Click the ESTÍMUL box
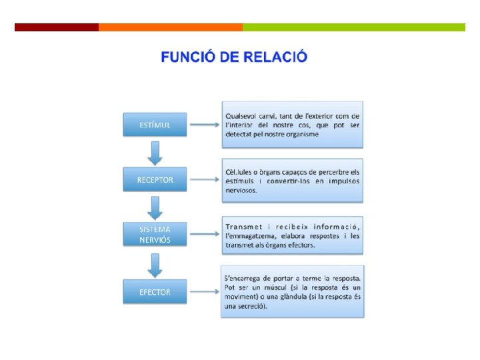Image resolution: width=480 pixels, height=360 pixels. [155, 125]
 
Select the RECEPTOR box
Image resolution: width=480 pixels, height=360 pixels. [155, 180]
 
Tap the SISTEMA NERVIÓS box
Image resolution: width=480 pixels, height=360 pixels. [155, 234]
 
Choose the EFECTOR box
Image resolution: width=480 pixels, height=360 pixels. [155, 292]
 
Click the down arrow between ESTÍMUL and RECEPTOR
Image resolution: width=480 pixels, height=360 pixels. [155, 153]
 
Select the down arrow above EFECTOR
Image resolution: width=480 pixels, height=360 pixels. [155, 264]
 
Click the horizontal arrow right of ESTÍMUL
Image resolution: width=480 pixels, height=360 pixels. [205, 125]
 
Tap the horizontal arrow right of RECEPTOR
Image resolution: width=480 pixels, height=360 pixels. [205, 180]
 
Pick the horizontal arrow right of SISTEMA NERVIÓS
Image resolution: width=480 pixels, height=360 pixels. [205, 234]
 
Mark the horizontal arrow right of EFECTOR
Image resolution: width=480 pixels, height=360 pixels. [205, 292]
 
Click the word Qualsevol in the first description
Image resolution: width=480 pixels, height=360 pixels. [242, 115]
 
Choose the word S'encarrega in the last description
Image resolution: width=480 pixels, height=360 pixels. [245, 278]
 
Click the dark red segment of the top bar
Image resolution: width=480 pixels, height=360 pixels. [57, 27]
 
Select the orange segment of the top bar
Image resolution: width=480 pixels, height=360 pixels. [170, 27]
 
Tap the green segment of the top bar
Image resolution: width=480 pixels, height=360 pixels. [353, 27]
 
